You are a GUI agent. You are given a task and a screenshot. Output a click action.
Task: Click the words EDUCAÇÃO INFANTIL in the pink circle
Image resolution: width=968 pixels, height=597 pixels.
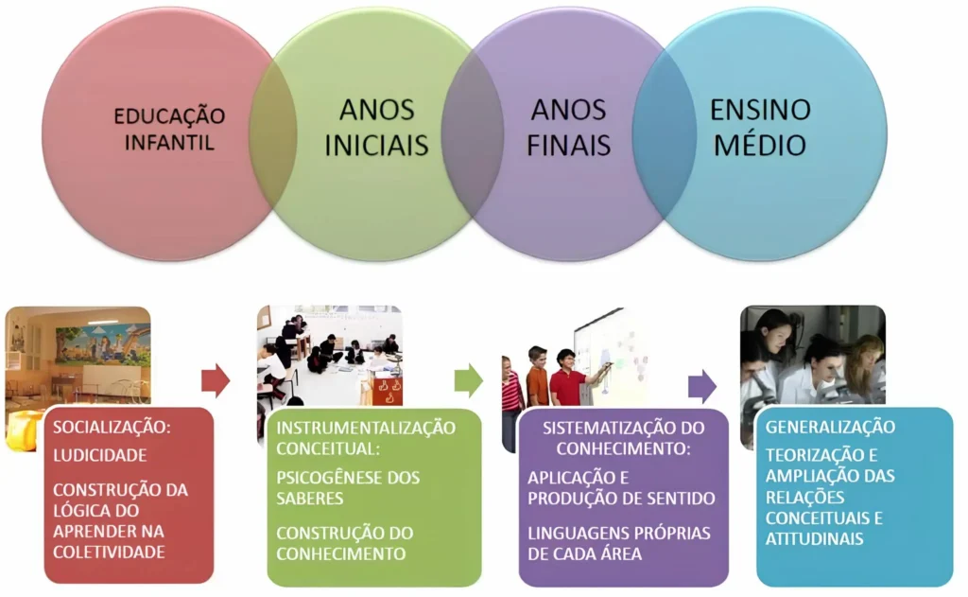point(170,130)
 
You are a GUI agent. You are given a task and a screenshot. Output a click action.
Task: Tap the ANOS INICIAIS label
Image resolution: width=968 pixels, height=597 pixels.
point(376,128)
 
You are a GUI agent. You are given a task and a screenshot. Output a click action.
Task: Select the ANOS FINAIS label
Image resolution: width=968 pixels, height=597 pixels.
point(568,128)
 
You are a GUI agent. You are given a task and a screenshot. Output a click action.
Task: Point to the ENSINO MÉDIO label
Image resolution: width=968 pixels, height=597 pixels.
point(760,128)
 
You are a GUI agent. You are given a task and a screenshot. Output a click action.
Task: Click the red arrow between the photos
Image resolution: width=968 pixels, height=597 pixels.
point(216,380)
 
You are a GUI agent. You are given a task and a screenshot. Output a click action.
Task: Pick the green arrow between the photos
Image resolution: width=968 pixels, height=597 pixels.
point(469,380)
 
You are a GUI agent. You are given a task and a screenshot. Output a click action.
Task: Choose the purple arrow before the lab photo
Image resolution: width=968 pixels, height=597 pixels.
point(702,387)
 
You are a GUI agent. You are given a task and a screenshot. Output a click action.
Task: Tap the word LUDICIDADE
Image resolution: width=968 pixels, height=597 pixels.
point(100,455)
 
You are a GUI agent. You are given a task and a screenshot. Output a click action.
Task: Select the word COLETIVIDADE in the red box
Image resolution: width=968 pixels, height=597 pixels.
point(110,552)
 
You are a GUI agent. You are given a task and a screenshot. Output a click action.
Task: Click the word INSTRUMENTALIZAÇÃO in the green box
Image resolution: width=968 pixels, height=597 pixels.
point(366,428)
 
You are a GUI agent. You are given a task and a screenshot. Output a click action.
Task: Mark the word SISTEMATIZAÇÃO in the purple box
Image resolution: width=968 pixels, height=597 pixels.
point(603,428)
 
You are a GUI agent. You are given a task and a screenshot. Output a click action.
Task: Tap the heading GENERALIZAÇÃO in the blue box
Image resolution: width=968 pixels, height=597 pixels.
point(830,427)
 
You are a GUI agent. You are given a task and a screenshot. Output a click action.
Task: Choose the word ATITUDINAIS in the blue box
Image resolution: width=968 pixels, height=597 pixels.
point(814,539)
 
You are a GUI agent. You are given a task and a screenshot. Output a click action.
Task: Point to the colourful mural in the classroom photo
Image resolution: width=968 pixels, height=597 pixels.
point(102,344)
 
